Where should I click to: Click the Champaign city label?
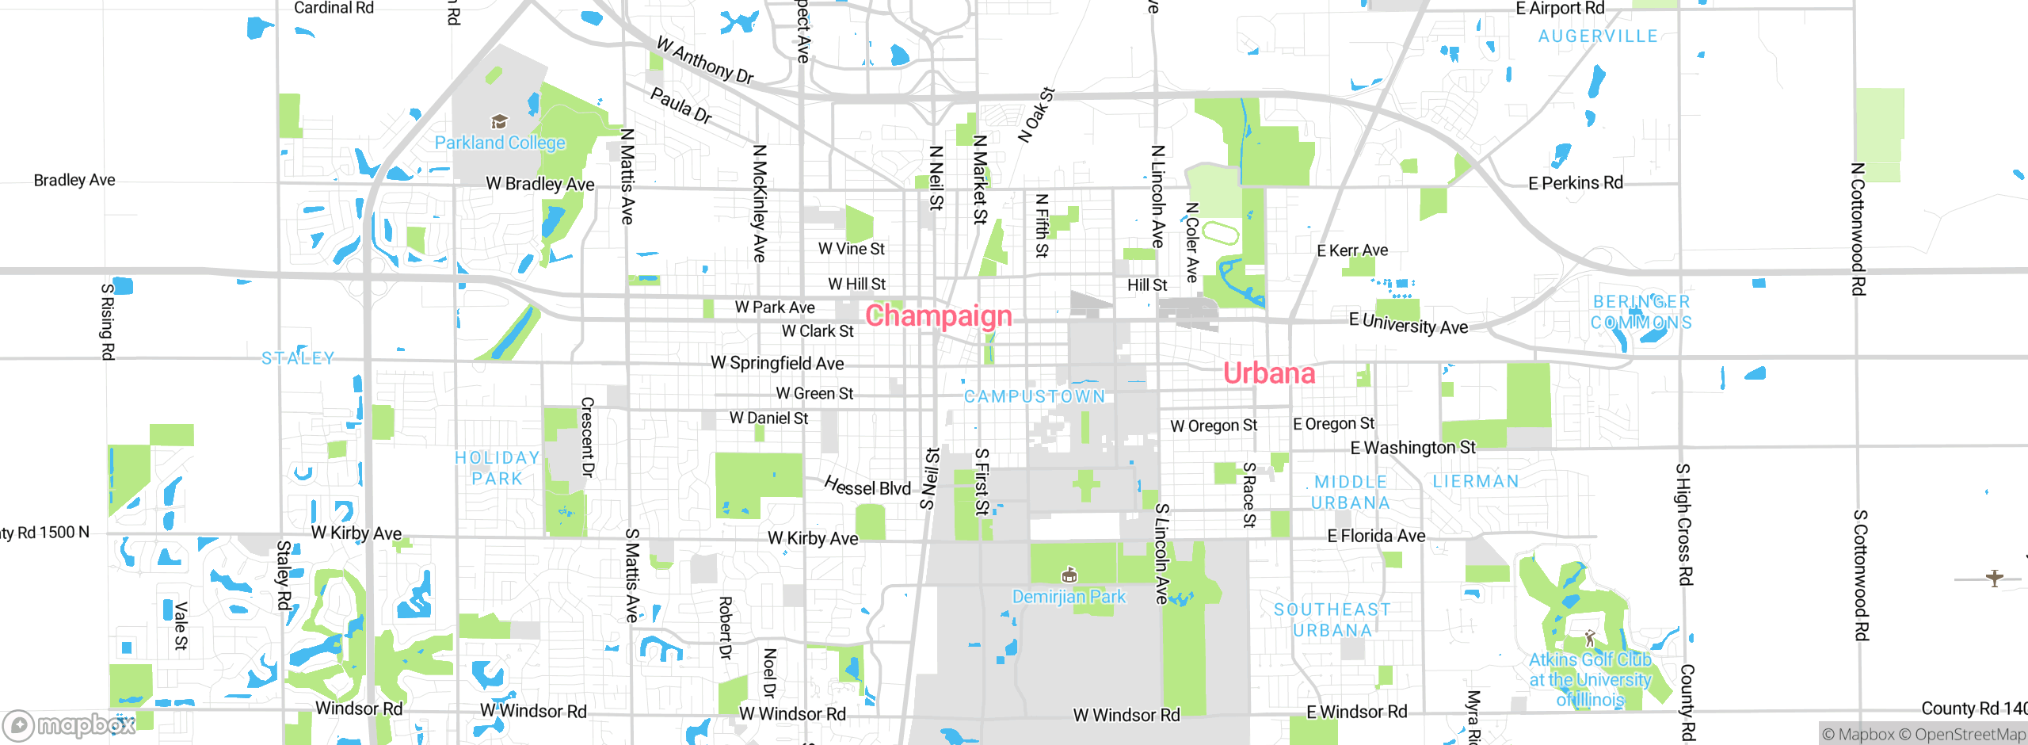point(939,315)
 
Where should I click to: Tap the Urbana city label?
point(1269,372)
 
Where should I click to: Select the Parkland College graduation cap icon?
point(499,121)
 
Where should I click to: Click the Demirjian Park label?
point(1069,597)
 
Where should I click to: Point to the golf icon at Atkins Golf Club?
point(1589,638)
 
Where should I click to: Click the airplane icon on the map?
point(1994,578)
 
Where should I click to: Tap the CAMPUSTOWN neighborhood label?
point(1034,396)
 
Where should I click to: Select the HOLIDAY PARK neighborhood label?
point(497,468)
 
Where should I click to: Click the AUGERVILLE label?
point(1597,36)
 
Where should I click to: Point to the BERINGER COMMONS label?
point(1641,312)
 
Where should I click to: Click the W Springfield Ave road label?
point(777,363)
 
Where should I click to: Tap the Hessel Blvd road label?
point(867,487)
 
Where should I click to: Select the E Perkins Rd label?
point(1575,183)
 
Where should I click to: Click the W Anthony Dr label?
point(705,60)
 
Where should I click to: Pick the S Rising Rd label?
point(108,321)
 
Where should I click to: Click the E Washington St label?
point(1412,448)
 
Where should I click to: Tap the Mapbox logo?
point(69,724)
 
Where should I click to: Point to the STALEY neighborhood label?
point(298,358)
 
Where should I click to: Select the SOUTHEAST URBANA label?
point(1332,620)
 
